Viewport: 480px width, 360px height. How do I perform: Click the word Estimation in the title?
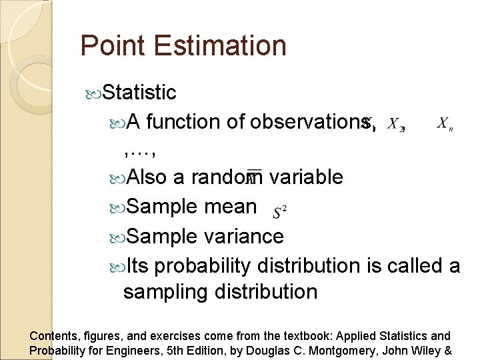click(x=220, y=46)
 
